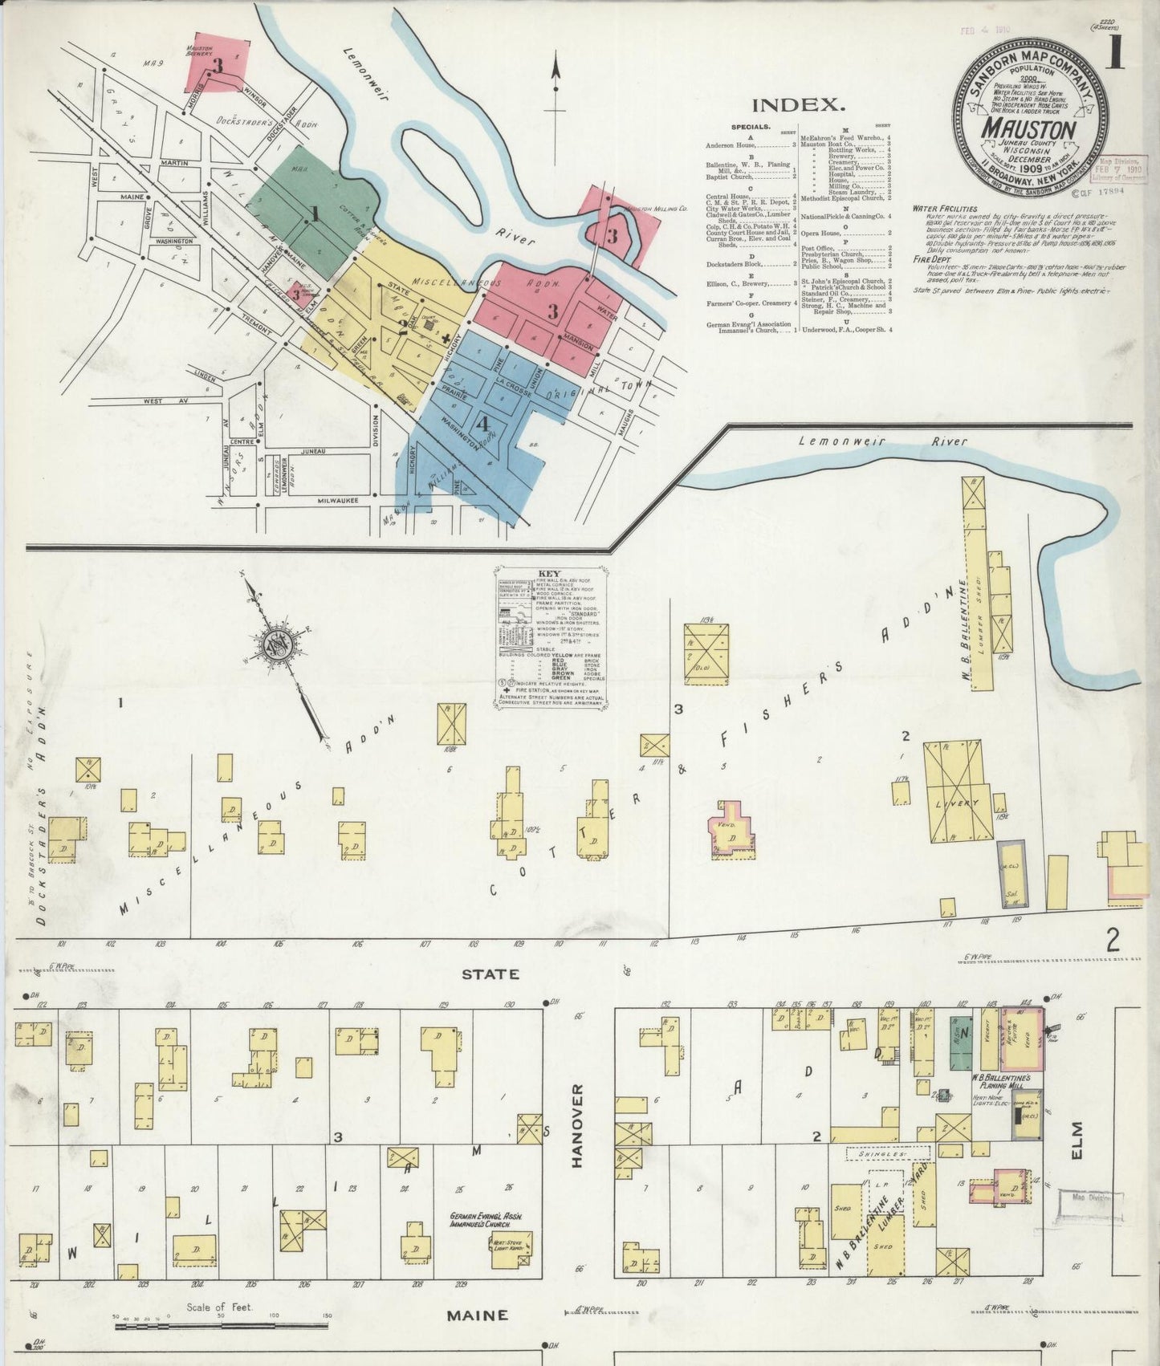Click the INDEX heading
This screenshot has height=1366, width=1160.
799,104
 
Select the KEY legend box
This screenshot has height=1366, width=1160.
550,638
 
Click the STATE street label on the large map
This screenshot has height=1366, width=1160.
490,974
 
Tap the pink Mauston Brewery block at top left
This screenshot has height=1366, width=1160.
216,64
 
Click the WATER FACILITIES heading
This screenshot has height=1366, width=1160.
944,209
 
